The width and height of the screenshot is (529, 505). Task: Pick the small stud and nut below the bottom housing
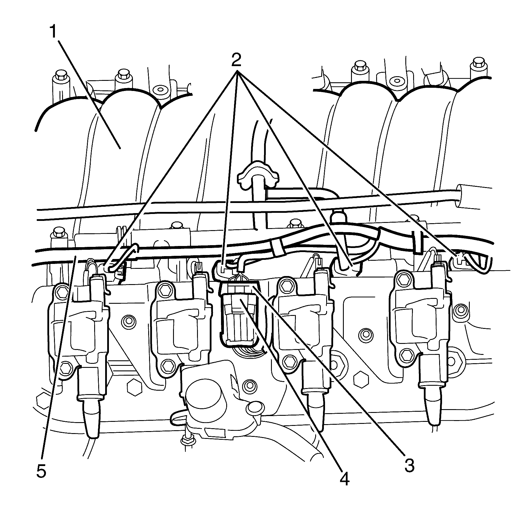point(186,448)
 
